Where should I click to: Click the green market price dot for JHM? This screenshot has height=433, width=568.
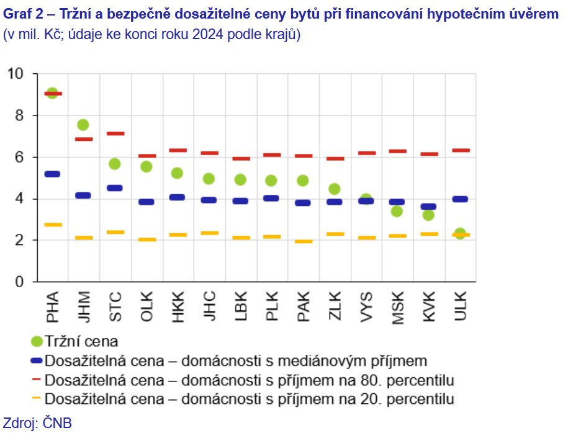(83, 125)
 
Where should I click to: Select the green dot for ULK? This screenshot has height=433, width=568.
(460, 234)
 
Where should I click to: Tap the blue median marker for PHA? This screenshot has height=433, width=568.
(52, 174)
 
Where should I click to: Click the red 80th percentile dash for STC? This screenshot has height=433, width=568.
(115, 133)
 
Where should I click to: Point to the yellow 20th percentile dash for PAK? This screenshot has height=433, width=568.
(303, 241)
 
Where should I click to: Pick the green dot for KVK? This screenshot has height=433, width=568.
(428, 215)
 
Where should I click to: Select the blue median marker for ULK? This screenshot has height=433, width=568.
(460, 199)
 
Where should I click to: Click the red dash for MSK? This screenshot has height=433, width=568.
(397, 151)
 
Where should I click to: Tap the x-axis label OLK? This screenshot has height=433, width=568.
(147, 306)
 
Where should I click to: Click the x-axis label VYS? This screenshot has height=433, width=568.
(366, 306)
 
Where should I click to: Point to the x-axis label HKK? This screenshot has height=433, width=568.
(178, 306)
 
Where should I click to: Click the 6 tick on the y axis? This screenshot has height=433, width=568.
(19, 158)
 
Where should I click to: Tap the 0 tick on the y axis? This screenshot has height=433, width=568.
(19, 282)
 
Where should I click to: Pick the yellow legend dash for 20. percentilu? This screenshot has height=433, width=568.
(36, 398)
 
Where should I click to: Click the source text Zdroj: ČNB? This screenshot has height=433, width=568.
(38, 423)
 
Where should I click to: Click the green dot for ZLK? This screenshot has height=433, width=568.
(334, 189)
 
